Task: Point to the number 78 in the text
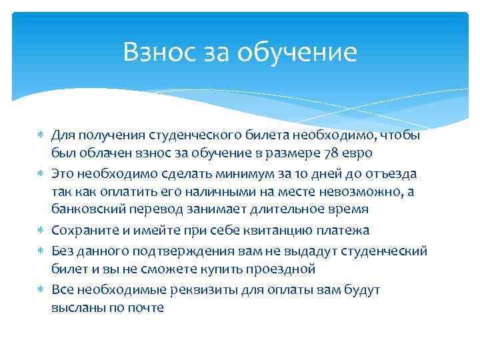tap(331, 153)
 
